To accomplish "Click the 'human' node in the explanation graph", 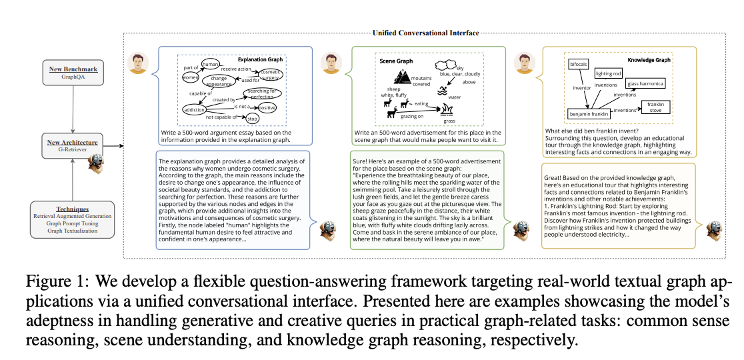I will point(210,64).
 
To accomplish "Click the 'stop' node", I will point(252,118).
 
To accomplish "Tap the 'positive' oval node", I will point(267,107).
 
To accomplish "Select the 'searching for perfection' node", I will point(263,93).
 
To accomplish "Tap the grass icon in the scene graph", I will point(449,115).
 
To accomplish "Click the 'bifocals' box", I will point(578,65).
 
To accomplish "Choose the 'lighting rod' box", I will point(608,73).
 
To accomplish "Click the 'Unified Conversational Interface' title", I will point(425,33).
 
